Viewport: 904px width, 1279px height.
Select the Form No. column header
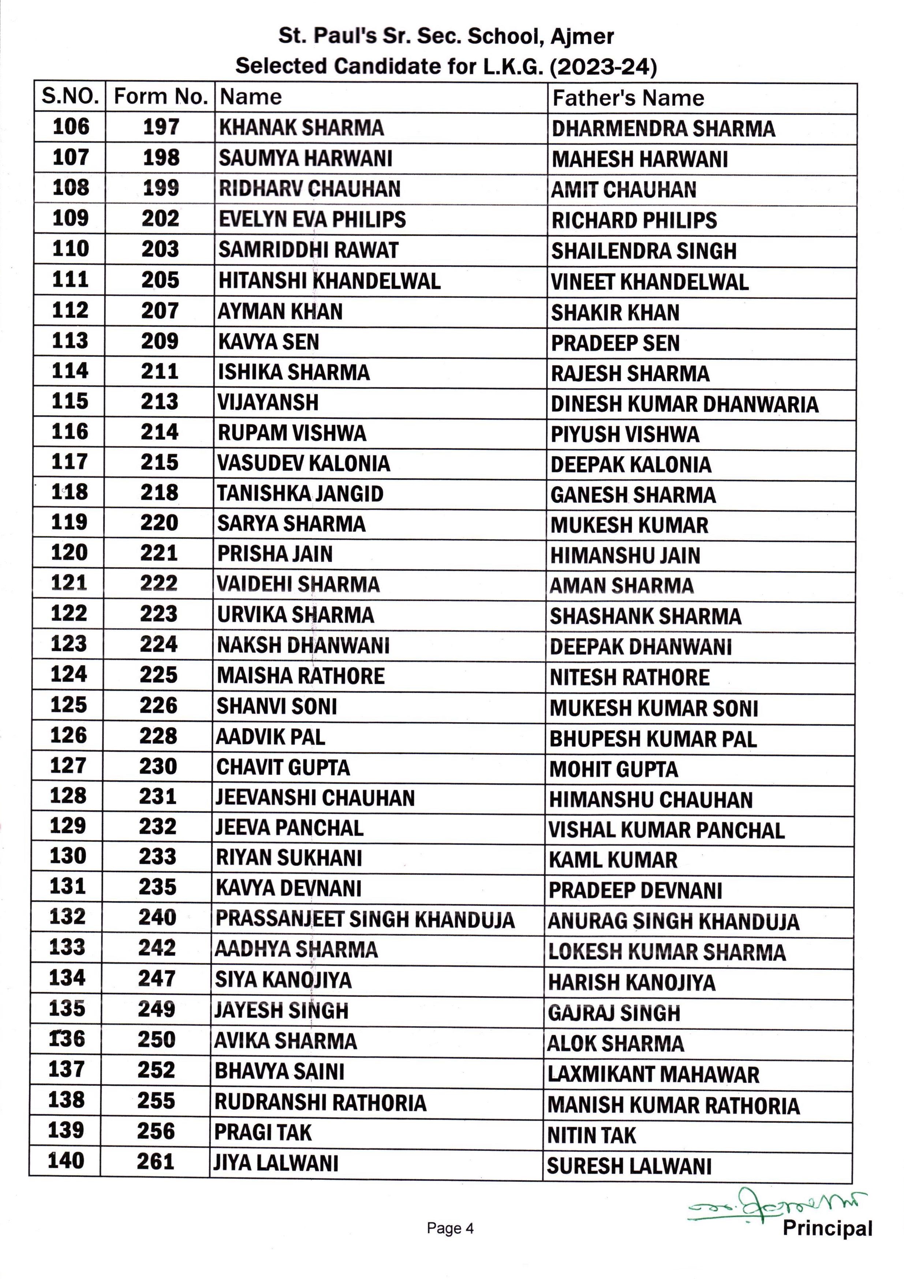(161, 97)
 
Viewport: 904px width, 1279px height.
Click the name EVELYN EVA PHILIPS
(312, 220)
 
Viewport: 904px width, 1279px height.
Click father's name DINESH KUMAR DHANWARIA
(684, 404)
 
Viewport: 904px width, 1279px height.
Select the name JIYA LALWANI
(276, 1163)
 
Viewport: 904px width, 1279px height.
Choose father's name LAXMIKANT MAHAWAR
(653, 1074)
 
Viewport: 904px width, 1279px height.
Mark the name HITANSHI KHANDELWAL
(329, 281)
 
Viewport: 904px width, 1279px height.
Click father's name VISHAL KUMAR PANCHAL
(666, 830)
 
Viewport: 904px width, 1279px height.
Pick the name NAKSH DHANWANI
(303, 645)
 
